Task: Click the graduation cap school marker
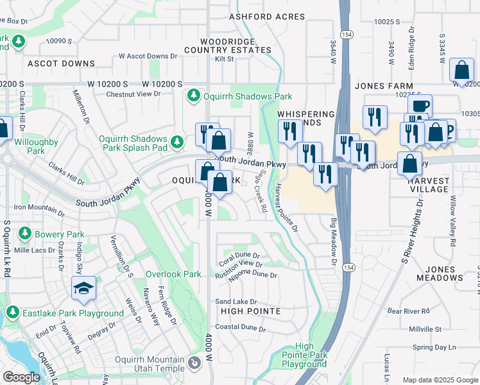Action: [x=84, y=289]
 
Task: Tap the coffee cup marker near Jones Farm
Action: [x=420, y=106]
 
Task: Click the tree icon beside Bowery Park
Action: [x=26, y=232]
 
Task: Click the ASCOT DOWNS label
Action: [x=61, y=64]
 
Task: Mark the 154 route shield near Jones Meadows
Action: [x=348, y=268]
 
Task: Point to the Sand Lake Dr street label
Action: [x=236, y=301]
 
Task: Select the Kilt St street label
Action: [x=225, y=59]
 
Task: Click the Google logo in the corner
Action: [x=21, y=377]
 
